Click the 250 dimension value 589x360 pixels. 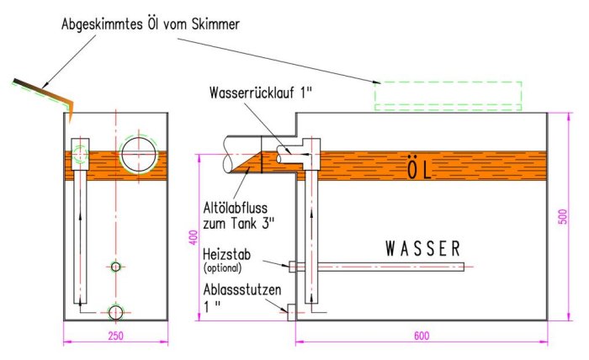[117, 336]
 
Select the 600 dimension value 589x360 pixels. [422, 336]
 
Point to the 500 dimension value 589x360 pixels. [563, 216]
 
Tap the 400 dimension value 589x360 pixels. [192, 240]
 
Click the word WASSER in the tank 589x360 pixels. [423, 249]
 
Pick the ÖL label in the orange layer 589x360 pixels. [418, 171]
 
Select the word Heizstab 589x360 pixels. [224, 256]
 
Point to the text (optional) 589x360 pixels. [222, 268]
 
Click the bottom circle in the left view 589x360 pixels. [116, 313]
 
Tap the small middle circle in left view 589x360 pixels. [116, 267]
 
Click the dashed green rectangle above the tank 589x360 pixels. [448, 96]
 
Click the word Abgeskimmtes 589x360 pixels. [99, 24]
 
